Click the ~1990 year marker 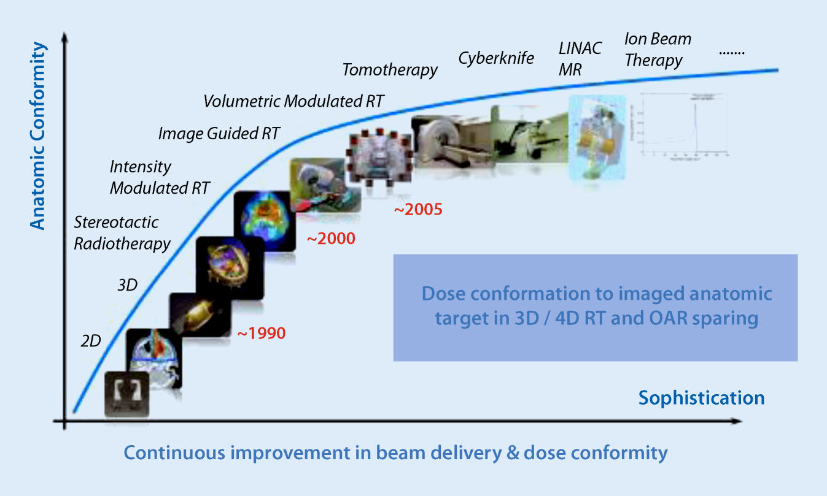pos(262,334)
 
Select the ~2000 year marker pos(331,238)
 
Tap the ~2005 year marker pos(418,210)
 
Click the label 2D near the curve pos(91,341)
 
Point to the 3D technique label pos(127,285)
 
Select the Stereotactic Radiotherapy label pos(122,233)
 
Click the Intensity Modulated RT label pos(160,177)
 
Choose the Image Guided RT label pos(219,133)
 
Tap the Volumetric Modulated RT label pos(293,101)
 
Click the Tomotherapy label pos(390,69)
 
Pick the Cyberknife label pos(496,58)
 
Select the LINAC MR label pos(580,58)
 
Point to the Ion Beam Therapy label pos(658,50)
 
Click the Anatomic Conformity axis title pos(38,135)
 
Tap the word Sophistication pos(701,398)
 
